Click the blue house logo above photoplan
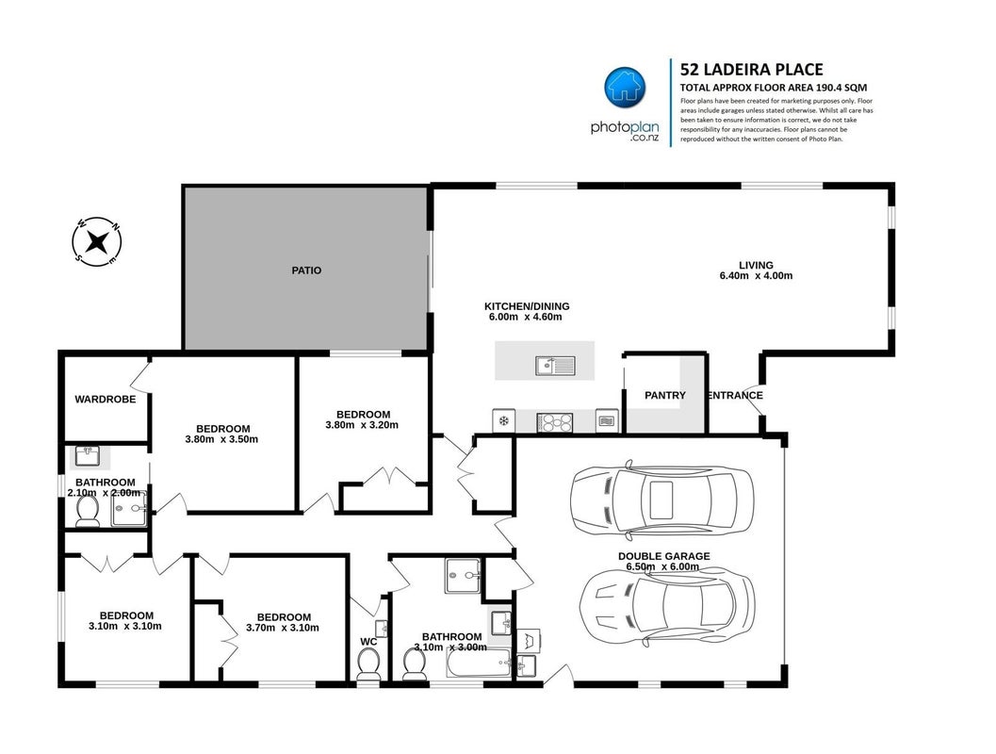point(625,87)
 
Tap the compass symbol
point(96,241)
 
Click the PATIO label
point(306,270)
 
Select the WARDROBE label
point(106,400)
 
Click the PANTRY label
point(665,395)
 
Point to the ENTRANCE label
point(735,395)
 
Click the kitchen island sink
point(554,366)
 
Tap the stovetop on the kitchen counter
point(554,421)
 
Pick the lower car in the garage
point(667,604)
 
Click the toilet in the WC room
point(367,665)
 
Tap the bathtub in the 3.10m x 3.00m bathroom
point(479,664)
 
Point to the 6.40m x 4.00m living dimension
point(756,276)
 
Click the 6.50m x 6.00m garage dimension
point(662,566)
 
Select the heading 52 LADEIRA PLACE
point(751,69)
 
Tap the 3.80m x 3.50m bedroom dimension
point(221,439)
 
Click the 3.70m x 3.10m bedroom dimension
point(283,628)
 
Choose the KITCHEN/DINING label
point(527,306)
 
